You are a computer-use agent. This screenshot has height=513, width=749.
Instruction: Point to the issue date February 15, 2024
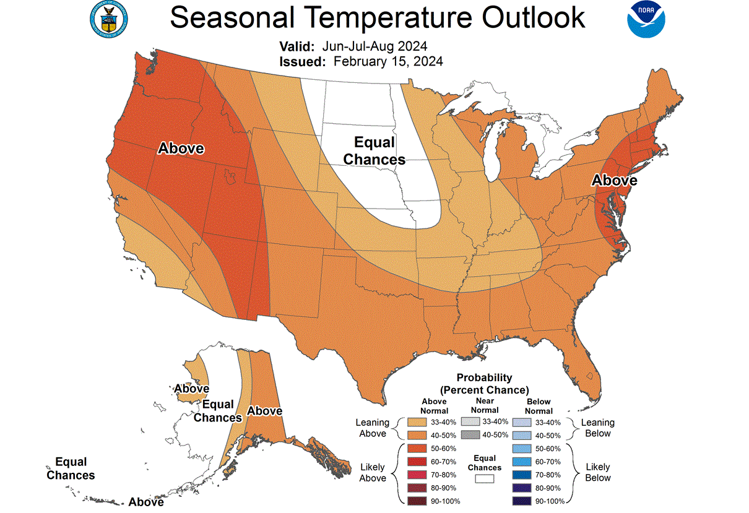(388, 61)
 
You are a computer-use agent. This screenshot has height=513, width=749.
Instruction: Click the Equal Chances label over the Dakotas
(374, 151)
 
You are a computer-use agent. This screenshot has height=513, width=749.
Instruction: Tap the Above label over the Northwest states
(181, 149)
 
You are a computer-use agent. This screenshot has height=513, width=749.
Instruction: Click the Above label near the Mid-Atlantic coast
(614, 180)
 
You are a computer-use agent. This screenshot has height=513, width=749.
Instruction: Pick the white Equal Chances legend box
(484, 478)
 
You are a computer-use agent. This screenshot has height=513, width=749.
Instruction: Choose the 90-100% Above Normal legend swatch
(416, 501)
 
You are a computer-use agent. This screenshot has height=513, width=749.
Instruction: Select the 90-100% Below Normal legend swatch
(522, 501)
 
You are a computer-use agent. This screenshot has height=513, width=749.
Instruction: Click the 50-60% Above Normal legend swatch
(416, 448)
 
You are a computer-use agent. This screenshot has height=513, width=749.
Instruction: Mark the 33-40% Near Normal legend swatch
(470, 421)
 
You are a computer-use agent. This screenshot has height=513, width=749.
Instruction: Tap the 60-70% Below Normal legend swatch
(522, 461)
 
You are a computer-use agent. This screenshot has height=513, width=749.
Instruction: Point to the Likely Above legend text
(373, 472)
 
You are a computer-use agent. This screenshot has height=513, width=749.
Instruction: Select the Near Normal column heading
(484, 405)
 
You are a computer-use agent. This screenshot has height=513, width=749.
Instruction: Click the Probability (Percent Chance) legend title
(484, 384)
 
